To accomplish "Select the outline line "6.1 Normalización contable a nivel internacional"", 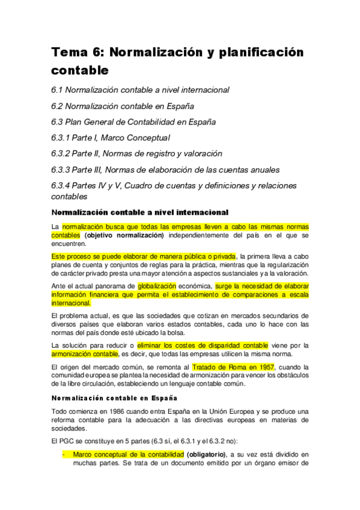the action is tap(140, 90).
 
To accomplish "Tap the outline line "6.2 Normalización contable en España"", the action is tap(123, 106).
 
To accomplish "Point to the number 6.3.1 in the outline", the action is tap(62, 138).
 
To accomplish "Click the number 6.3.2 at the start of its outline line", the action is tap(62, 154).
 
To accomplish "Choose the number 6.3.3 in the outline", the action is tap(62, 170).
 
